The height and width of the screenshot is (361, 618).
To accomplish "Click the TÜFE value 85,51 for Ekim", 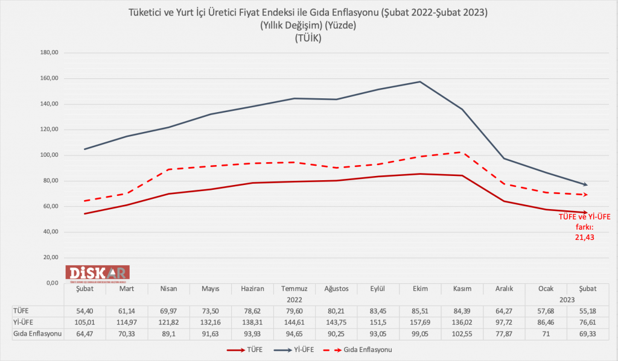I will (x=420, y=310).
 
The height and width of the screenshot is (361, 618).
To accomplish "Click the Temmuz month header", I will (x=294, y=289).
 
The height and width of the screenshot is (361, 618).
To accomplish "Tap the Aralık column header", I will (x=504, y=289).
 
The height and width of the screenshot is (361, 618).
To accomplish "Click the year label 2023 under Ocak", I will (x=567, y=299).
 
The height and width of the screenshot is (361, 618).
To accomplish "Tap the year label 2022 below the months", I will (x=294, y=299).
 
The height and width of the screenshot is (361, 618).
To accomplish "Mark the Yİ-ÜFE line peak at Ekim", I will (x=420, y=81).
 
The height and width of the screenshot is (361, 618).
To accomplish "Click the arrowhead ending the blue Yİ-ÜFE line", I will (x=585, y=184).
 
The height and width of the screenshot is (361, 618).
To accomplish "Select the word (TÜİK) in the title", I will (x=308, y=38).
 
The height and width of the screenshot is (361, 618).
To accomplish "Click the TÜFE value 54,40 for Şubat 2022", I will (x=84, y=310).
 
